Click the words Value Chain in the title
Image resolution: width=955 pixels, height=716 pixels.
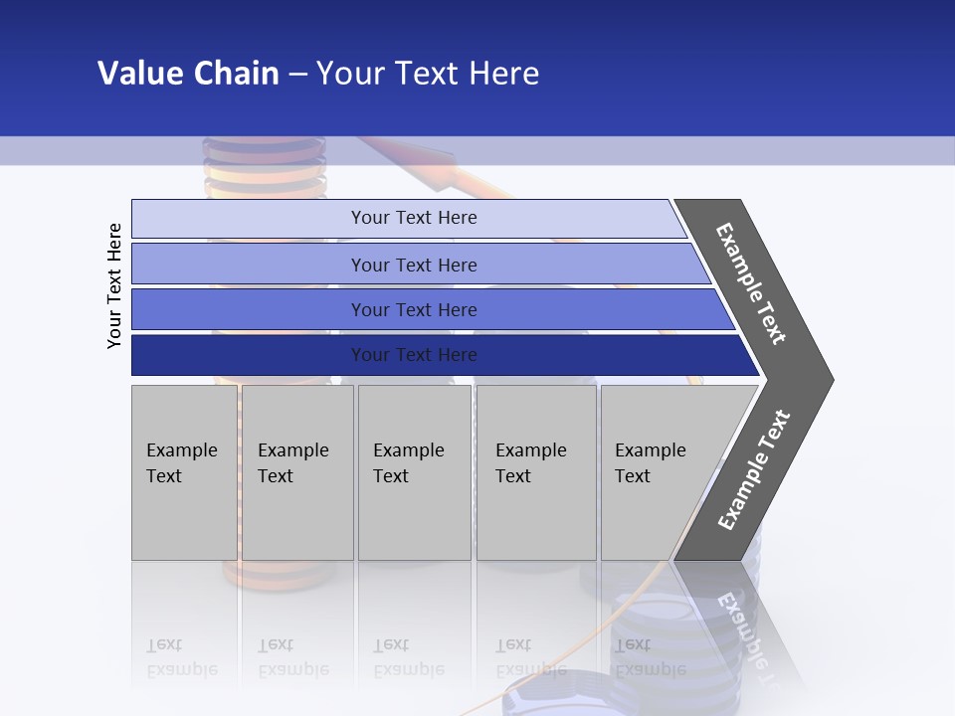click(188, 74)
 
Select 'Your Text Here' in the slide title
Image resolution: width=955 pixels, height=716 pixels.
click(428, 74)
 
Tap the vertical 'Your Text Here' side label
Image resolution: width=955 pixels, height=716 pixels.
click(114, 285)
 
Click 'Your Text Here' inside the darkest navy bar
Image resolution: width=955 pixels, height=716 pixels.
click(414, 355)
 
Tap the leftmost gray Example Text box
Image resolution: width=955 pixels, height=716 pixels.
click(184, 472)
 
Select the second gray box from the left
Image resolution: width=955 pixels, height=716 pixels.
click(297, 472)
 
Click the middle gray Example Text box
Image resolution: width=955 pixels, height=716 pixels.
click(414, 472)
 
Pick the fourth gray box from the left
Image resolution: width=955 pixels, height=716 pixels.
click(536, 472)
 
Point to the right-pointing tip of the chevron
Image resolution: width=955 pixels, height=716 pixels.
click(826, 379)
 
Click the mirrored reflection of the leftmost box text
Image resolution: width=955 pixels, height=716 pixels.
click(181, 657)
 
